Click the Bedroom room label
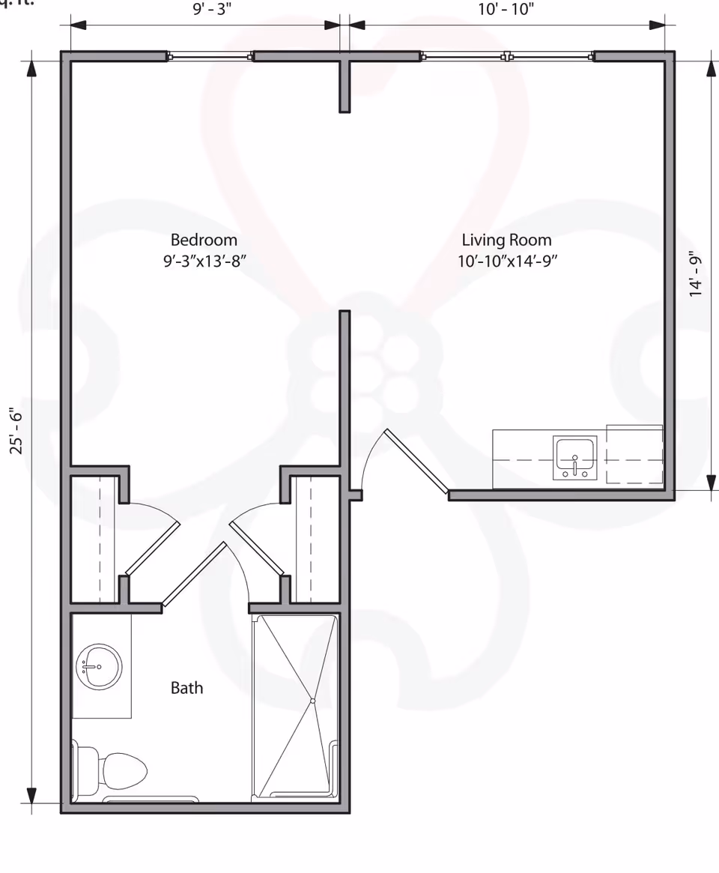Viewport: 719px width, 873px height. click(204, 240)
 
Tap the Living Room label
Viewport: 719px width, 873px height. click(506, 240)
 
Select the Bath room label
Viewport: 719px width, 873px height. click(186, 687)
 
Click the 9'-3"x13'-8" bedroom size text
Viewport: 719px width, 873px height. click(204, 262)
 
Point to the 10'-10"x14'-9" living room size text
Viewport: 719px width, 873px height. click(508, 262)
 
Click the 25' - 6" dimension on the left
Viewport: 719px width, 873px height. click(16, 430)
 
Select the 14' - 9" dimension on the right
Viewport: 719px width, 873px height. click(697, 274)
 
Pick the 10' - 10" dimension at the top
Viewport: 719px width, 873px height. click(506, 9)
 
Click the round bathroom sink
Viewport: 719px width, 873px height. click(99, 666)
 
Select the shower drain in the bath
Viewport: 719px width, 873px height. click(312, 701)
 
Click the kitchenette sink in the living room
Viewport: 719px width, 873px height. click(574, 458)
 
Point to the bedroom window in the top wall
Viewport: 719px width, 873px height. click(210, 56)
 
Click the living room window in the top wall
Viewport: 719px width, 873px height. click(507, 56)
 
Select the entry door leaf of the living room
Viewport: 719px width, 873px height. click(416, 462)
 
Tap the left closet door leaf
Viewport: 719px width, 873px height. click(152, 549)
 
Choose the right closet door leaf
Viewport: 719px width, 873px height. click(257, 549)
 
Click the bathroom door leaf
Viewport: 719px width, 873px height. click(194, 573)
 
